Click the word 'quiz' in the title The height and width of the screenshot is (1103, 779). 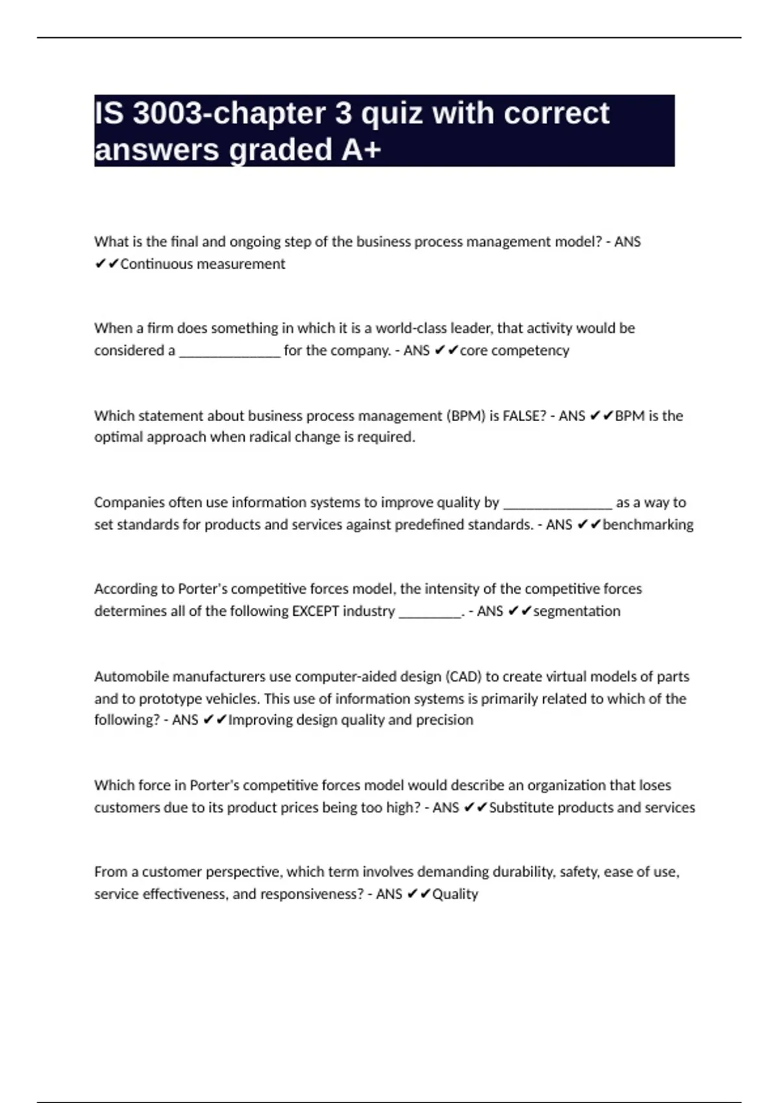391,114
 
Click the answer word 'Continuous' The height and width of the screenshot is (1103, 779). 156,264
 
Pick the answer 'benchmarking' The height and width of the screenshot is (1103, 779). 648,524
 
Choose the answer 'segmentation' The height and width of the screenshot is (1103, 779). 576,611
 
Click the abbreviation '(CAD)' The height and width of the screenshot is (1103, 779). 463,677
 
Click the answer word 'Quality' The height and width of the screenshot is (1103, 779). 455,894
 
